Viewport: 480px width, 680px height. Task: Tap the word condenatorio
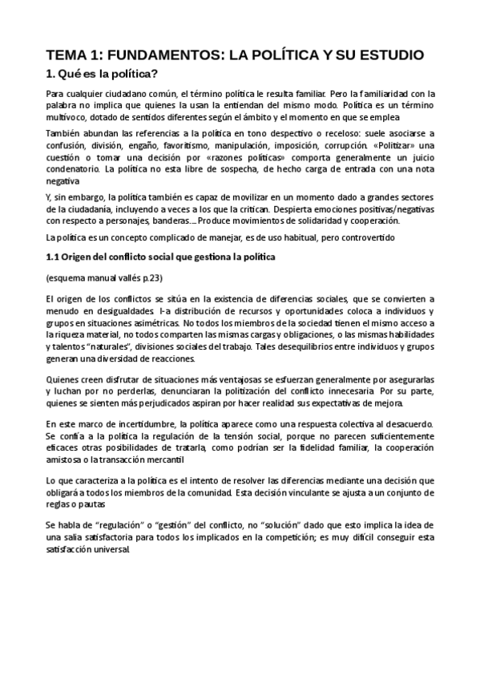(x=74, y=171)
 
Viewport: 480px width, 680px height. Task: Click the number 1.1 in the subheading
(x=52, y=257)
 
